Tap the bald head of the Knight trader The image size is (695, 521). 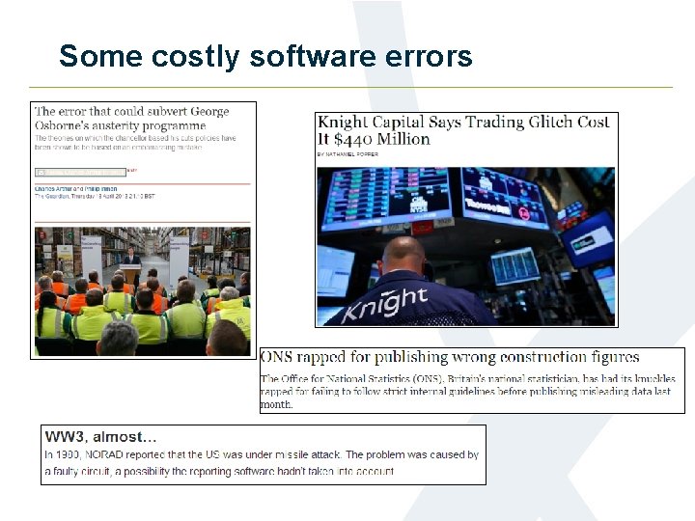(403, 254)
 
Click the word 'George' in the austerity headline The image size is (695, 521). (203, 112)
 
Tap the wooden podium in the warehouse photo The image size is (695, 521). (130, 273)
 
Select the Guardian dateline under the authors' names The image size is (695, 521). (95, 196)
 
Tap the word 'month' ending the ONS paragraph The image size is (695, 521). (275, 404)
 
